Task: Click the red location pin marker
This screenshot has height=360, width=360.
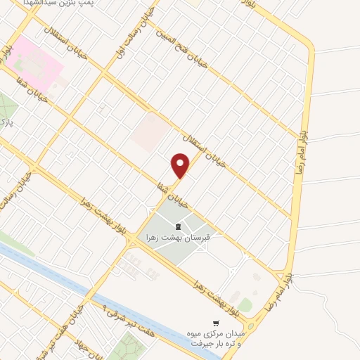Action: pos(181,166)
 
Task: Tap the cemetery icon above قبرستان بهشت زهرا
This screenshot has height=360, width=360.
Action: pos(178,226)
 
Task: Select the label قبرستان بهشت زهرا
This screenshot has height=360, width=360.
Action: pos(178,238)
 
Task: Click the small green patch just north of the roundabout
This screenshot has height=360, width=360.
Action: pos(245,304)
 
